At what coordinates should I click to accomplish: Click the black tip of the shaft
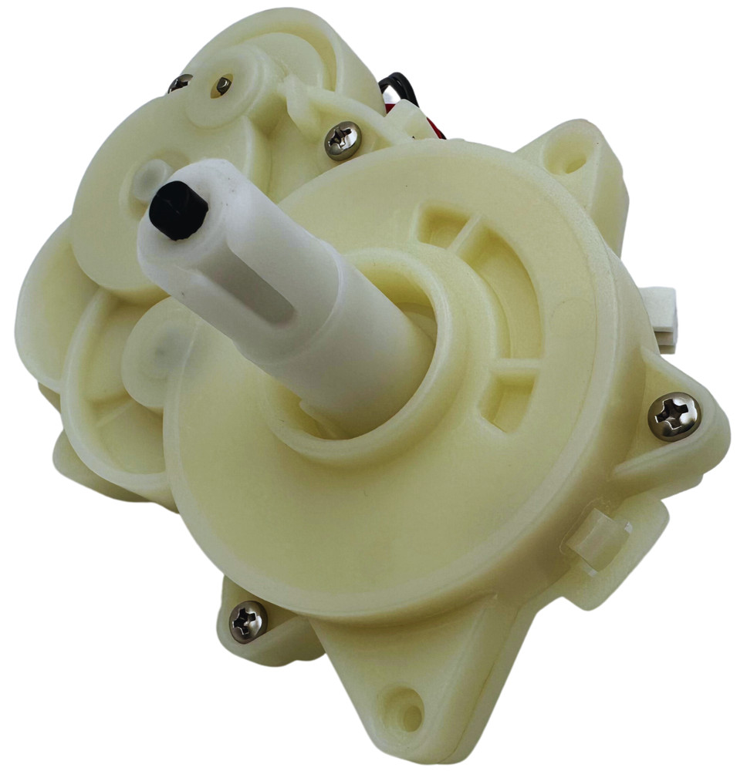click(177, 210)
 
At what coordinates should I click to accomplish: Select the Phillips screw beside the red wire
click(342, 140)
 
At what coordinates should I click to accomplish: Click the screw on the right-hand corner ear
click(673, 416)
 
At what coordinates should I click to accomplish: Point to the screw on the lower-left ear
click(248, 621)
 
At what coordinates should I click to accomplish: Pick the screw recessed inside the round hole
click(223, 86)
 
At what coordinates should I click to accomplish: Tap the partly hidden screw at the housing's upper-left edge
click(179, 82)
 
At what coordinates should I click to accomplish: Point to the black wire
click(398, 87)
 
